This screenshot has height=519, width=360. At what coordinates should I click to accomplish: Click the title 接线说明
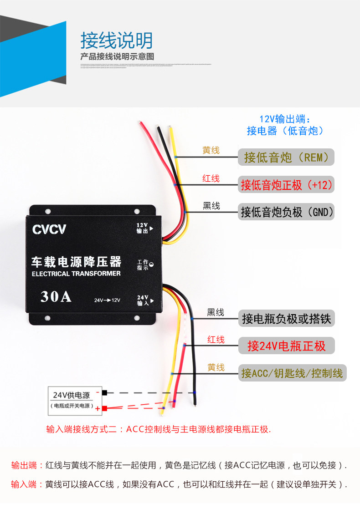117,41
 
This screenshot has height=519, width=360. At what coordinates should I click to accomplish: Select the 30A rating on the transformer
56,296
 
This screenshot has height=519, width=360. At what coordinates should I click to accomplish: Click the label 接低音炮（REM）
286,158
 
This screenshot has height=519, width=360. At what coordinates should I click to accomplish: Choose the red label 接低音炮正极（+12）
286,185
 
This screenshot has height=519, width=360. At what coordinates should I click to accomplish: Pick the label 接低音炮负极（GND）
286,212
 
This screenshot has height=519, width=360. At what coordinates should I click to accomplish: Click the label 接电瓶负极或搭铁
286,318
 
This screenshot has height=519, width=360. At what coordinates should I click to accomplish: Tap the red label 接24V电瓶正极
286,346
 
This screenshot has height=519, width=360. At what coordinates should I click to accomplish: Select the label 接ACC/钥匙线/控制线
292,373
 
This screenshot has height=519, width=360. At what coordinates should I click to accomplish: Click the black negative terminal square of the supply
105,393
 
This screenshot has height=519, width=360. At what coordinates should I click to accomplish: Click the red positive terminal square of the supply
105,408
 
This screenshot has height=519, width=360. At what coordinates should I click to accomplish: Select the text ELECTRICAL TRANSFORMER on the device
76,274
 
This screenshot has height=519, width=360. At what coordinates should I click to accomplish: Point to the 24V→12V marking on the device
107,300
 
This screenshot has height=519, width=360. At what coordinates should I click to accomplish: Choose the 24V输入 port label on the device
143,300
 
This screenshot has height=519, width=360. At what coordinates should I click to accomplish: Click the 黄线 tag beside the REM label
211,150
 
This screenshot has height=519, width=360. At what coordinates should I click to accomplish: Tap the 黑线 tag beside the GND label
211,206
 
